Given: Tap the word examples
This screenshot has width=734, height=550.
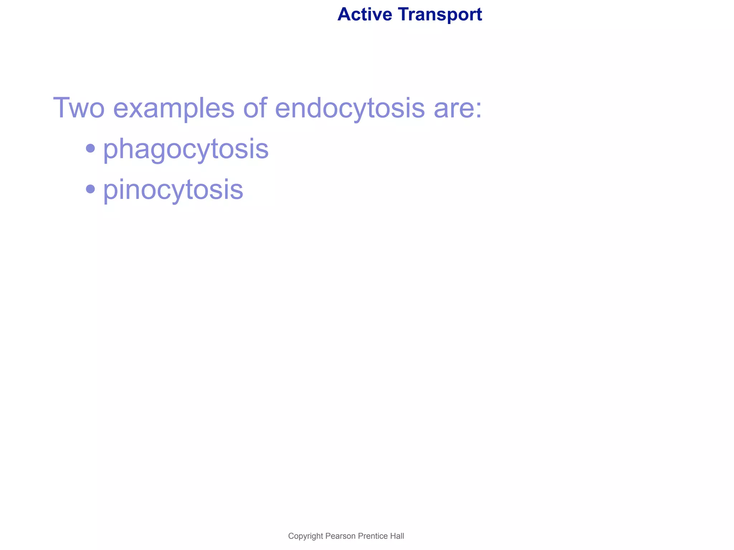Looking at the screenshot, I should pos(174,108).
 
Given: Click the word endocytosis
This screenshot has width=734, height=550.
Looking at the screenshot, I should pos(350,108).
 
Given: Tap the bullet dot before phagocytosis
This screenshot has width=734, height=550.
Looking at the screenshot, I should pos(91,148).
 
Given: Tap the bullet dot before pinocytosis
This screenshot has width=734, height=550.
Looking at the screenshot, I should pos(91,188).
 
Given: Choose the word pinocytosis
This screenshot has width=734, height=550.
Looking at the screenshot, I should pos(173,190).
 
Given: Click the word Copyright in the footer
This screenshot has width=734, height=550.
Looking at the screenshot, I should pos(305,536).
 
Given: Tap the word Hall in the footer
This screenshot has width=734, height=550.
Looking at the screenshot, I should pos(397,536).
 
